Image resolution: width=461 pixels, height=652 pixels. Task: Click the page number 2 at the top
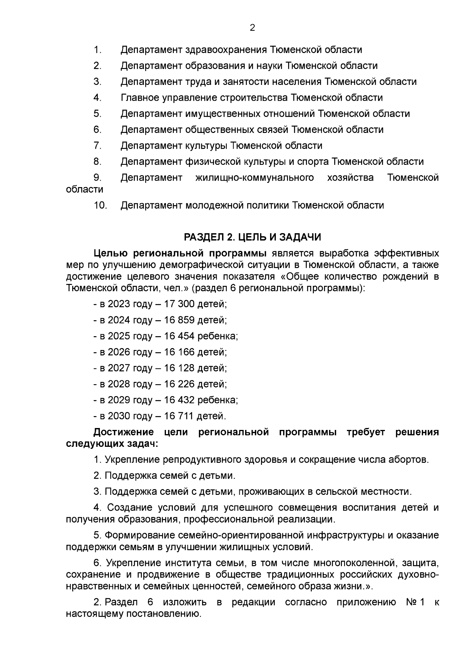pyautogui.click(x=252, y=28)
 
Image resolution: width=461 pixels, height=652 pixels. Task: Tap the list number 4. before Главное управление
pyautogui.click(x=97, y=98)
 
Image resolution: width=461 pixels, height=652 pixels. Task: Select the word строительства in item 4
pyautogui.click(x=254, y=98)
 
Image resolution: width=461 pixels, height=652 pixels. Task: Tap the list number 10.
pyautogui.click(x=100, y=206)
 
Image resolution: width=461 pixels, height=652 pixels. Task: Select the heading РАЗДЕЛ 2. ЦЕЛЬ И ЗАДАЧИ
pyautogui.click(x=252, y=237)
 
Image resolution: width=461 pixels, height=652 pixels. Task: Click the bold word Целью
pyautogui.click(x=111, y=254)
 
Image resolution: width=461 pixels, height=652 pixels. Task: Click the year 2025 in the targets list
pyautogui.click(x=119, y=337)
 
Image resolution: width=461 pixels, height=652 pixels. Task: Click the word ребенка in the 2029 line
pyautogui.click(x=217, y=400)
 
